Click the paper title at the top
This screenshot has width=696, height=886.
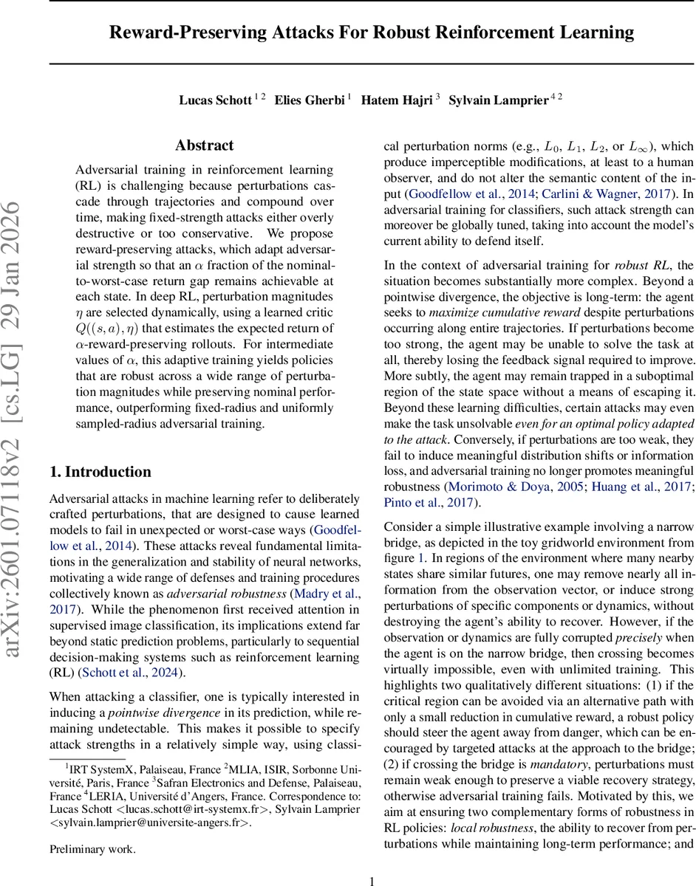tap(372, 32)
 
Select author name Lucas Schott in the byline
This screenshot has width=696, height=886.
tap(215, 100)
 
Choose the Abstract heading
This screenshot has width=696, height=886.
tap(205, 145)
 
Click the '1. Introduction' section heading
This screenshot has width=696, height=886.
tap(100, 472)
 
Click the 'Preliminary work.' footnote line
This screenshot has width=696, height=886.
tap(92, 849)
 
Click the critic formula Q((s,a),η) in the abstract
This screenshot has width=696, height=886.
tap(115, 328)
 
